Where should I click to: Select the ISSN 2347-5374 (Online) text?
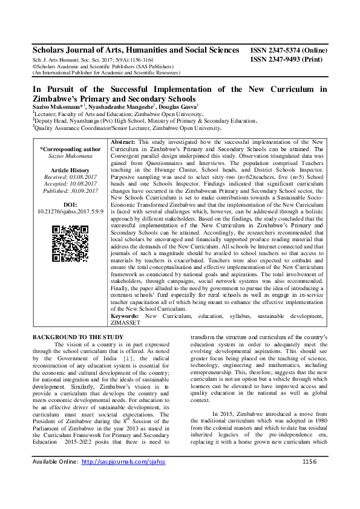pyautogui.click(x=289, y=53)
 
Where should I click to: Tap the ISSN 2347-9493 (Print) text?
pyautogui.click(x=286, y=60)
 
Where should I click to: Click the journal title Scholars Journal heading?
pyautogui.click(x=133, y=52)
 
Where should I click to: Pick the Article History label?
pyautogui.click(x=70, y=170)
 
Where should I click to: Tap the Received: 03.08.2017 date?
pyautogui.click(x=70, y=177)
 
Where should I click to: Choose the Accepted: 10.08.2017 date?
pyautogui.click(x=70, y=184)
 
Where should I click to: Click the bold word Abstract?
pyautogui.click(x=126, y=141)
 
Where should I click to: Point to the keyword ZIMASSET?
pyautogui.click(x=126, y=323)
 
